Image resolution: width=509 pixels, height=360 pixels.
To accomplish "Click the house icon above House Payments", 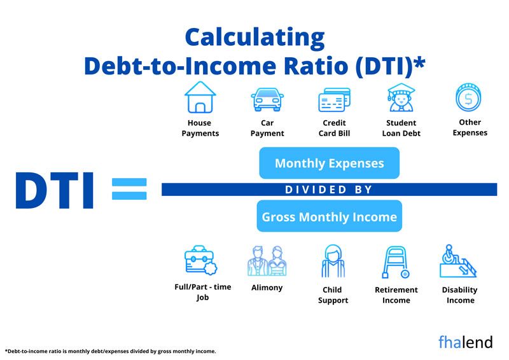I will coord(200,97).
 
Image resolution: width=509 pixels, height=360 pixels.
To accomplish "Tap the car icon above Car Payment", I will coord(267,99).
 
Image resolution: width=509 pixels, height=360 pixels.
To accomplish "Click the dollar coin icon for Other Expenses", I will coord(468,98).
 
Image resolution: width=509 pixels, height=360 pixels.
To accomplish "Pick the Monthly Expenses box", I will coord(329,163).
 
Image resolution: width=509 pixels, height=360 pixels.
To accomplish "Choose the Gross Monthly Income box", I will coord(329,217).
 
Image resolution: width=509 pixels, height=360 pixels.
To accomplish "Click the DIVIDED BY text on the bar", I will coord(328,190).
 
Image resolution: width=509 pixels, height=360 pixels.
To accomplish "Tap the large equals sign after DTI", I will coord(129,189).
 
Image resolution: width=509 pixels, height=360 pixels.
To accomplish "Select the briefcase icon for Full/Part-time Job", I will coord(200,261).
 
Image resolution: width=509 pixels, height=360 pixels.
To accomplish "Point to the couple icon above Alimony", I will coord(267,261).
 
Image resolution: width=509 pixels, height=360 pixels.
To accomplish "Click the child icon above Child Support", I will coord(333,261).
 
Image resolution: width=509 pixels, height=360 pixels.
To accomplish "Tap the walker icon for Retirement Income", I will coord(396,262).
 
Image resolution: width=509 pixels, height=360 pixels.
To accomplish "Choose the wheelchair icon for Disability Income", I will coord(459,261).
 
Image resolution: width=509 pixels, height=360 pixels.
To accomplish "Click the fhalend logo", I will coord(465,342).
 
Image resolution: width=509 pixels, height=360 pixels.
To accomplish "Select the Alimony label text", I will coord(267,287).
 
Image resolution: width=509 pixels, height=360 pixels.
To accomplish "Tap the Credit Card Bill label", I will coord(334,128).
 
